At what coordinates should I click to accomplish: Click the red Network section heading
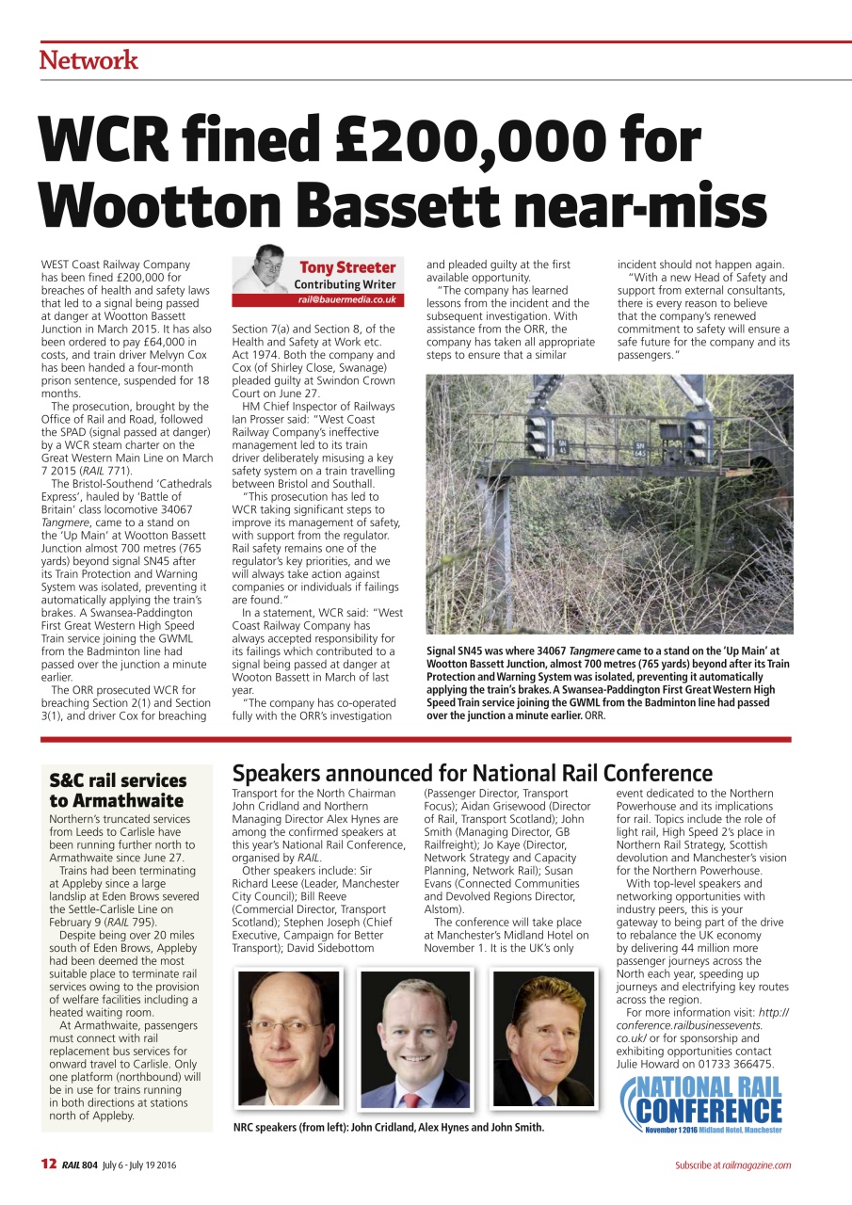pos(88,60)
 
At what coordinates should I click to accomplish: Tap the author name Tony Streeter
pos(347,267)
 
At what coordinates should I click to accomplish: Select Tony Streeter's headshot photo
pos(261,273)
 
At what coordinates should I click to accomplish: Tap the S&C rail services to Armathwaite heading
pos(118,790)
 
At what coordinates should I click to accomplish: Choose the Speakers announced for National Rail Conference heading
pos(472,773)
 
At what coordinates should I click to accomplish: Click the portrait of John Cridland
pos(288,1039)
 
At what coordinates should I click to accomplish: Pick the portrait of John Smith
pos(543,1039)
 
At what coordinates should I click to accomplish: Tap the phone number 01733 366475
pos(738,1064)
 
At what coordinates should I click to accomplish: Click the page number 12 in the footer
pos(48,1165)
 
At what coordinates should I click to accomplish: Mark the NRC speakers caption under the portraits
pos(388,1127)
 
